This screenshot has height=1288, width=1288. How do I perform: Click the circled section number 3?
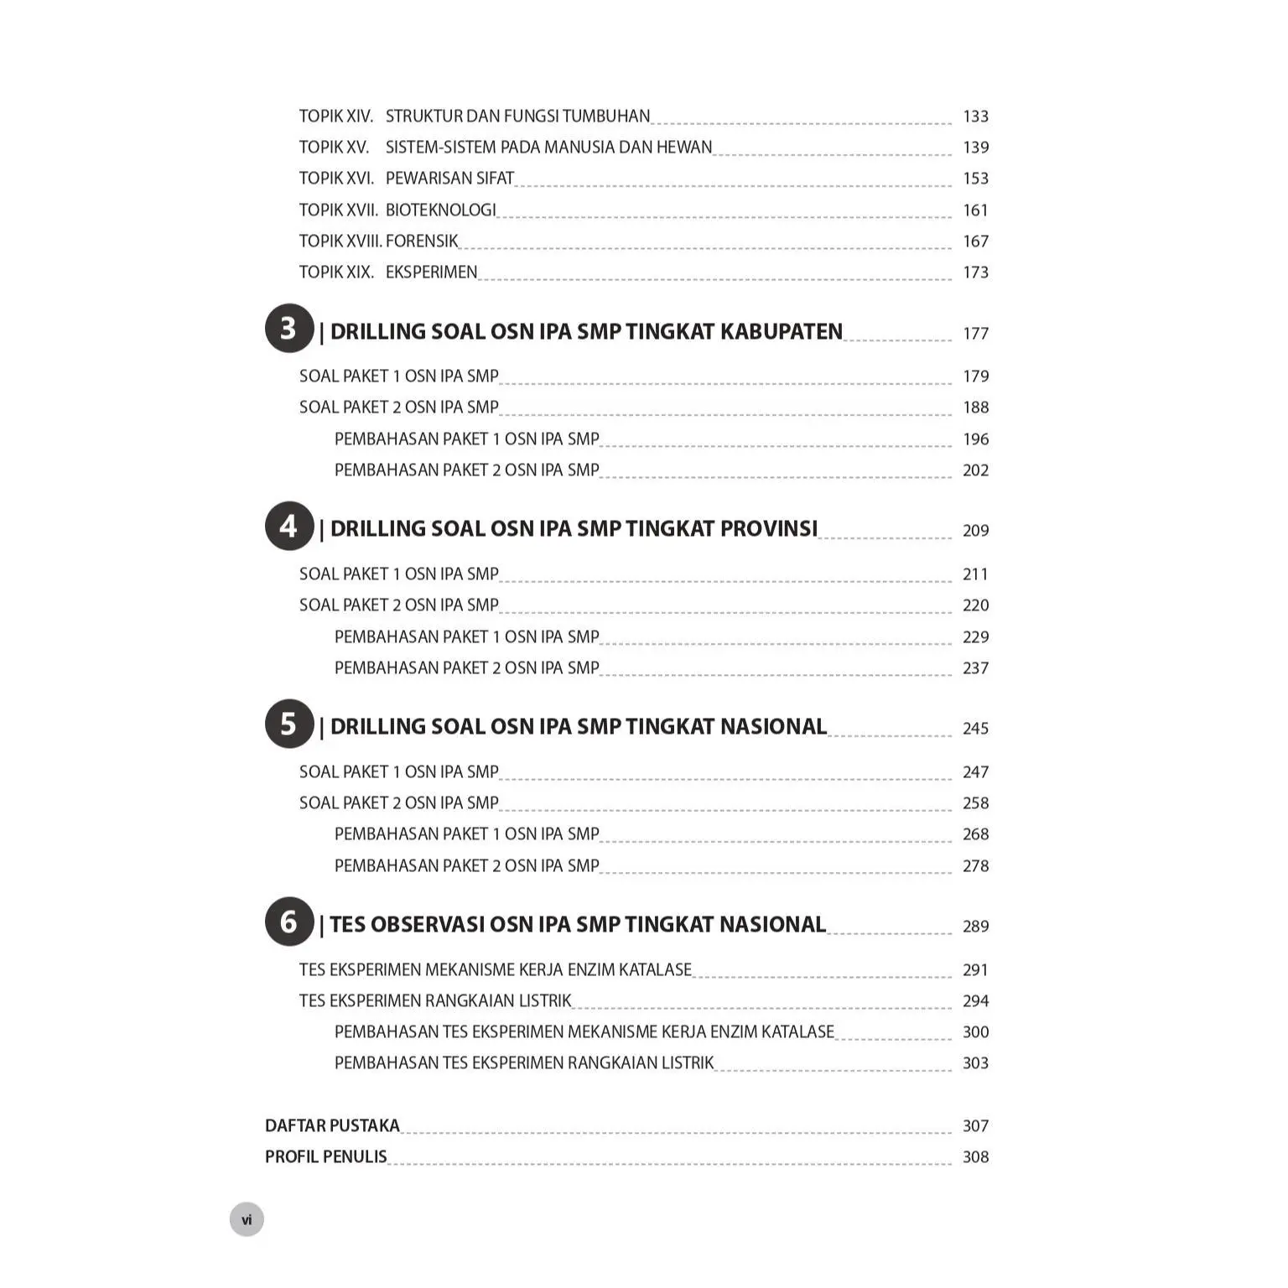[x=289, y=328]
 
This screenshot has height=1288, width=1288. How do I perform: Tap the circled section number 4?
[x=289, y=526]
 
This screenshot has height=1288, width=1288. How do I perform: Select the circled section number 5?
[x=289, y=724]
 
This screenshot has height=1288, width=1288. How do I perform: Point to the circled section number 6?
[x=289, y=922]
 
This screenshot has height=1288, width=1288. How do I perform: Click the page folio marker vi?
[x=247, y=1219]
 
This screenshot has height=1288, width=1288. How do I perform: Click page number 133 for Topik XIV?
[x=975, y=117]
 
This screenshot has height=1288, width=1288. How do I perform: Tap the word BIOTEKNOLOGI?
[x=440, y=210]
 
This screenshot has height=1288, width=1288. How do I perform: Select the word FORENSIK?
[x=422, y=241]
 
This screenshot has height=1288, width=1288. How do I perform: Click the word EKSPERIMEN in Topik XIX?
[x=431, y=273]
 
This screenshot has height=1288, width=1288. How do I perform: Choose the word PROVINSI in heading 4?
[x=768, y=529]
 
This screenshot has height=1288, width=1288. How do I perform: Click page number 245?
[x=975, y=729]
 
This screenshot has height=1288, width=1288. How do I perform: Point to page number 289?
[x=975, y=927]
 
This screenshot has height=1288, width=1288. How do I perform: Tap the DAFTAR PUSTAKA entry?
[x=332, y=1126]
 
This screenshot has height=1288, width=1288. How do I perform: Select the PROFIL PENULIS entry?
[x=325, y=1157]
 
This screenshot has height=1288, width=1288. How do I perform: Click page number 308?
[x=975, y=1157]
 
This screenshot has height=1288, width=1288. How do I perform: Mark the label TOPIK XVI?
[x=336, y=179]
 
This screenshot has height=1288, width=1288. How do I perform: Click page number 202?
[x=975, y=470]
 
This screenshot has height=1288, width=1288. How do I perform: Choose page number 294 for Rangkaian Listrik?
[x=975, y=1001]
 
